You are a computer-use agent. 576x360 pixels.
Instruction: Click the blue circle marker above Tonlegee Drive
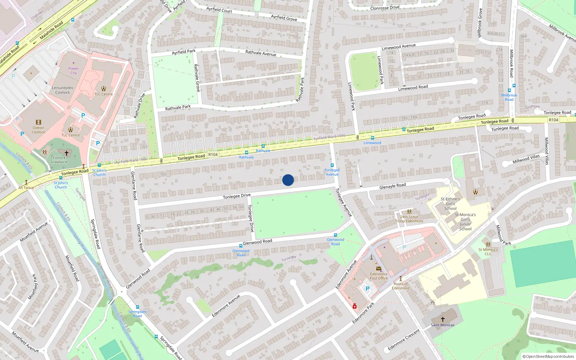[x=288, y=180]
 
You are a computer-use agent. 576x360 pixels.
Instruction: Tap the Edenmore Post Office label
[x=379, y=276]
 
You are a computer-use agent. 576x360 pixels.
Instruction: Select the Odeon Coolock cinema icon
[x=39, y=122]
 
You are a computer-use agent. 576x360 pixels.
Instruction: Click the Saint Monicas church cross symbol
[x=443, y=319]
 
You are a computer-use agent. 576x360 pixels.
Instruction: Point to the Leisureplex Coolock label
[x=63, y=90]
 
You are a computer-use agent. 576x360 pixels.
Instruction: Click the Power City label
[x=73, y=71]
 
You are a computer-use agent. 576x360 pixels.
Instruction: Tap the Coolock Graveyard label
[x=59, y=160]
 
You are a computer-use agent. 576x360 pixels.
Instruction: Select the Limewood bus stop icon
[x=372, y=138]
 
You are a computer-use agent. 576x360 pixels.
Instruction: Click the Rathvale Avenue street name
[x=261, y=53]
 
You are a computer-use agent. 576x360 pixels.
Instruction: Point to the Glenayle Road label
[x=392, y=186]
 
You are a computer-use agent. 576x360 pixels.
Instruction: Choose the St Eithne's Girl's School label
[x=450, y=203]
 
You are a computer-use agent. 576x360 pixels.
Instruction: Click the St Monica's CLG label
[x=488, y=252]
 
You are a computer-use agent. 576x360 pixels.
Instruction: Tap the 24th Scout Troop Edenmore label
[x=409, y=219]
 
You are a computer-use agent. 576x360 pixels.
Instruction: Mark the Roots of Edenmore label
[x=400, y=286]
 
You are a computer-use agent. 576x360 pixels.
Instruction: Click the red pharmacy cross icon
[x=355, y=306]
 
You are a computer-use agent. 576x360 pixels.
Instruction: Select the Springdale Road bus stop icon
[x=137, y=307]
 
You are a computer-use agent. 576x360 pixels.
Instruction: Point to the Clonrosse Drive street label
[x=385, y=8]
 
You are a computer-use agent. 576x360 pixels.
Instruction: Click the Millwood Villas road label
[x=526, y=159]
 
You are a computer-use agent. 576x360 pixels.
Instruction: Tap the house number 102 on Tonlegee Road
[x=163, y=174]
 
